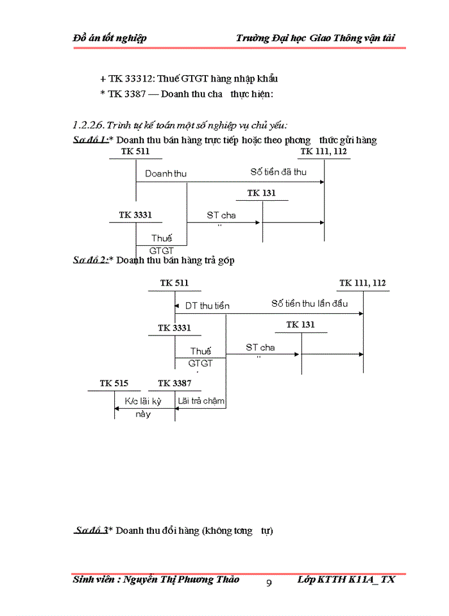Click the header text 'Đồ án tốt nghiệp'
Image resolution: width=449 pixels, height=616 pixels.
[110, 38]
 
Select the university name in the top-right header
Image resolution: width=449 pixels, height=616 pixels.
[315, 38]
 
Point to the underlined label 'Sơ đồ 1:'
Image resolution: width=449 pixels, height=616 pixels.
[90, 140]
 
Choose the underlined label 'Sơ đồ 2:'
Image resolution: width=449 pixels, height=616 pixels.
[90, 260]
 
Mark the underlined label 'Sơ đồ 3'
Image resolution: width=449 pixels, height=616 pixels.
[90, 531]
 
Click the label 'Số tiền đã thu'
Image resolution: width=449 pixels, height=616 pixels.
[278, 172]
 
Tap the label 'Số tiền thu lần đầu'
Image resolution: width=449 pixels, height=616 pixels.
[309, 304]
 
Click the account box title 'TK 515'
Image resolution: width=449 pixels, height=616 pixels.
[114, 384]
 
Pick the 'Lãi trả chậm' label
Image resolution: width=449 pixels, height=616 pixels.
[201, 401]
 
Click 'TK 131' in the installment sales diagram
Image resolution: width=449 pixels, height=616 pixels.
[300, 325]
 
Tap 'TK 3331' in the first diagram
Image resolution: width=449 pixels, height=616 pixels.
[135, 215]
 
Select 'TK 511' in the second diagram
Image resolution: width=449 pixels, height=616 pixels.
[174, 283]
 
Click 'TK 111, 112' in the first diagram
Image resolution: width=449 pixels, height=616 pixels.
[323, 151]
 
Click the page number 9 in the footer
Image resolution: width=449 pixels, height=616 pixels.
[269, 583]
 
